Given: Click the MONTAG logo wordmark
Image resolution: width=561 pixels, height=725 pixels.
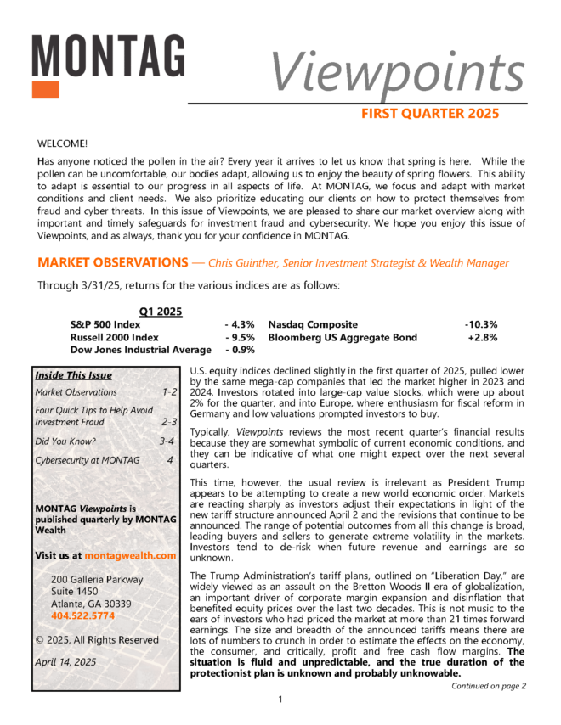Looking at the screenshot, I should tap(108, 56).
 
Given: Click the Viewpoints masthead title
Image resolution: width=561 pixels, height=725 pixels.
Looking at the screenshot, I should tap(397, 72).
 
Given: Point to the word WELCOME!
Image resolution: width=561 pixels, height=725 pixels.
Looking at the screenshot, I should tap(64, 144).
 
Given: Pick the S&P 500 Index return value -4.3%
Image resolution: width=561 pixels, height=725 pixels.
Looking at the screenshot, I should tap(240, 324).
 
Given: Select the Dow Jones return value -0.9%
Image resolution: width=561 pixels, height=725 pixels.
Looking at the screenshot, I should tap(240, 350).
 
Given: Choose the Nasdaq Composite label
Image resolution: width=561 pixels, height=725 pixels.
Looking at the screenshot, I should tap(313, 324).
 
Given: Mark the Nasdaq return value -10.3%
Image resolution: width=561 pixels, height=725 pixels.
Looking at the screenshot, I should tap(480, 324).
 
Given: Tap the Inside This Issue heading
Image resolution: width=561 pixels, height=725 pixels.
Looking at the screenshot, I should tap(74, 375).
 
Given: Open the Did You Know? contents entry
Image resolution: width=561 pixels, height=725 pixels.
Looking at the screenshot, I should tap(65, 441).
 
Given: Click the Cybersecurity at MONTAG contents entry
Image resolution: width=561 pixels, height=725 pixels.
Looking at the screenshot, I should tap(87, 461).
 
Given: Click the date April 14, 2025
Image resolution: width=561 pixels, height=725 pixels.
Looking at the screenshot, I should tap(66, 660).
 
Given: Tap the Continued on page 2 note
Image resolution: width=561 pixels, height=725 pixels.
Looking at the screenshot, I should tap(489, 686).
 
